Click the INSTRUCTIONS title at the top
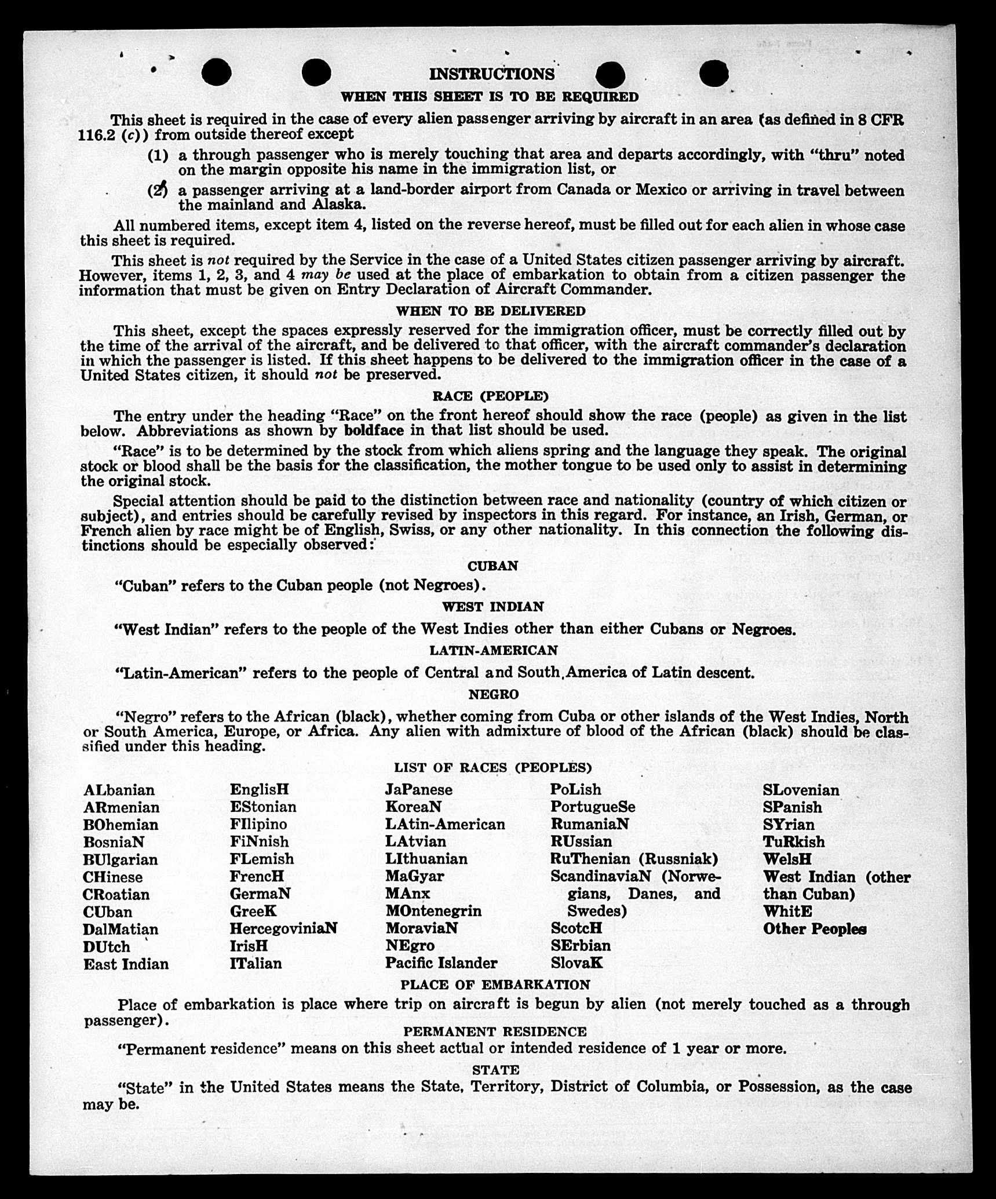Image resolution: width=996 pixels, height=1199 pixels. [491, 74]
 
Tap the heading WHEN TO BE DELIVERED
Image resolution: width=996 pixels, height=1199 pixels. [490, 311]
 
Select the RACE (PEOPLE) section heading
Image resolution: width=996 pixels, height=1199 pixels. [490, 396]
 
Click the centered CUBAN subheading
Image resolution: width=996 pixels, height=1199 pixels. [492, 566]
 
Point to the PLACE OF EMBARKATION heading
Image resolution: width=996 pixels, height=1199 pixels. [495, 985]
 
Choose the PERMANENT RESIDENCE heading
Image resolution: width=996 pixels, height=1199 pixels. [495, 1032]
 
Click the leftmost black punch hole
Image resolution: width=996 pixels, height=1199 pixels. [217, 72]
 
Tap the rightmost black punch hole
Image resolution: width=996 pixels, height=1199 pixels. [713, 74]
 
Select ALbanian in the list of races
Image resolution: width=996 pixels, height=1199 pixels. [119, 790]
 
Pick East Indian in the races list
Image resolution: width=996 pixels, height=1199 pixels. [126, 964]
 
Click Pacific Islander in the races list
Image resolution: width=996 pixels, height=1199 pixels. [441, 963]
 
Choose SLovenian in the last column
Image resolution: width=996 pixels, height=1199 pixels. [800, 790]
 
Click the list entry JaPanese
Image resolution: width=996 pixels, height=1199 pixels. [418, 790]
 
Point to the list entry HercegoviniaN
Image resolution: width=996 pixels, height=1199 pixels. [283, 928]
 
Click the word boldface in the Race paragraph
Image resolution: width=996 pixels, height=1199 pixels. [374, 431]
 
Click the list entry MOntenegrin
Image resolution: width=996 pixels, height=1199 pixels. [433, 911]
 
